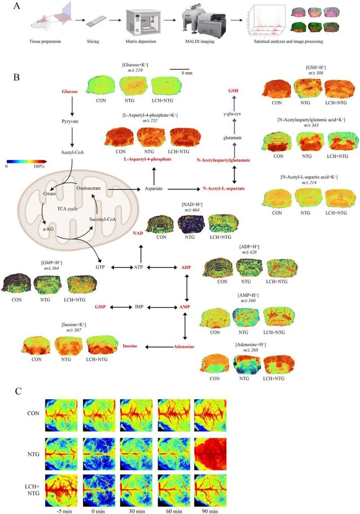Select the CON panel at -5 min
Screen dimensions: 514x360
(x=61, y=415)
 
